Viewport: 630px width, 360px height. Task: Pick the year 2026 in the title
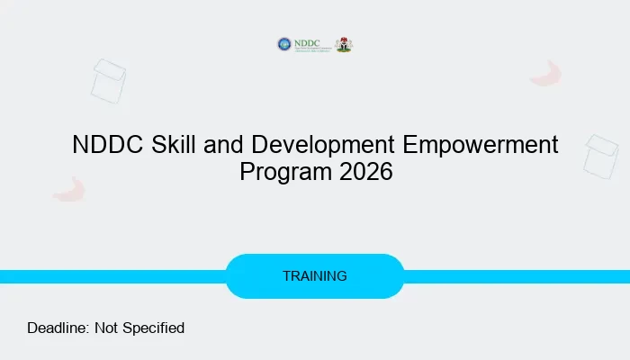366,172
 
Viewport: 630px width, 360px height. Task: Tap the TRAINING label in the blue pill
314,276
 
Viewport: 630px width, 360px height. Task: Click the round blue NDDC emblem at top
284,44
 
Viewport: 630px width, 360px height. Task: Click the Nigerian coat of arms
344,44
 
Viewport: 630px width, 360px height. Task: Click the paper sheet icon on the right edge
600,156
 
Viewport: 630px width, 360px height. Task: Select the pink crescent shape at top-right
546,74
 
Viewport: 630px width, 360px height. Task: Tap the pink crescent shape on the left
68,189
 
